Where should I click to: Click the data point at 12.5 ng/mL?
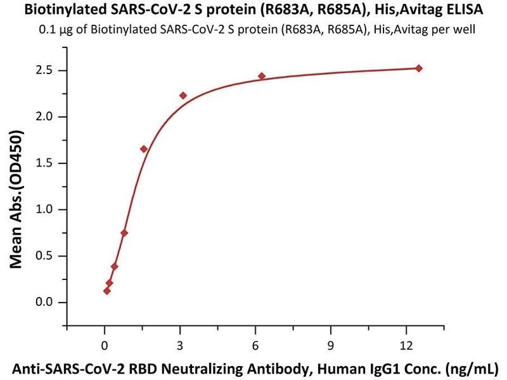point(418,68)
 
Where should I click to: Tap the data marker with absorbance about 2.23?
point(183,95)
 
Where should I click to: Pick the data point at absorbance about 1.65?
point(144,149)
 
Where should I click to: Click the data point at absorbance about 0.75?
point(124,232)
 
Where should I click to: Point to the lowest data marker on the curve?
point(107,291)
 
